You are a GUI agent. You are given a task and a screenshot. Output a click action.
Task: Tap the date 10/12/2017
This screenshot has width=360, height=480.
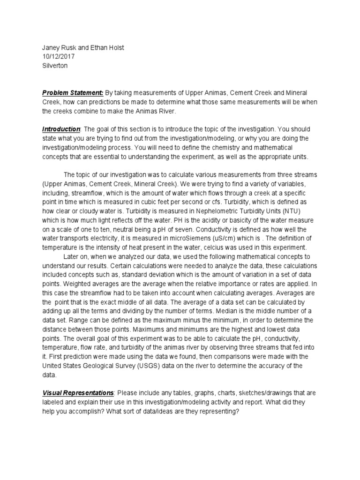[58, 57]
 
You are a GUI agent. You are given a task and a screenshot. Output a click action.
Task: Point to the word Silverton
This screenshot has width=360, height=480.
[55, 66]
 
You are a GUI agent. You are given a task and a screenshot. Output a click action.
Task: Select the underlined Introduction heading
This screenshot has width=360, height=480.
[61, 129]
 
